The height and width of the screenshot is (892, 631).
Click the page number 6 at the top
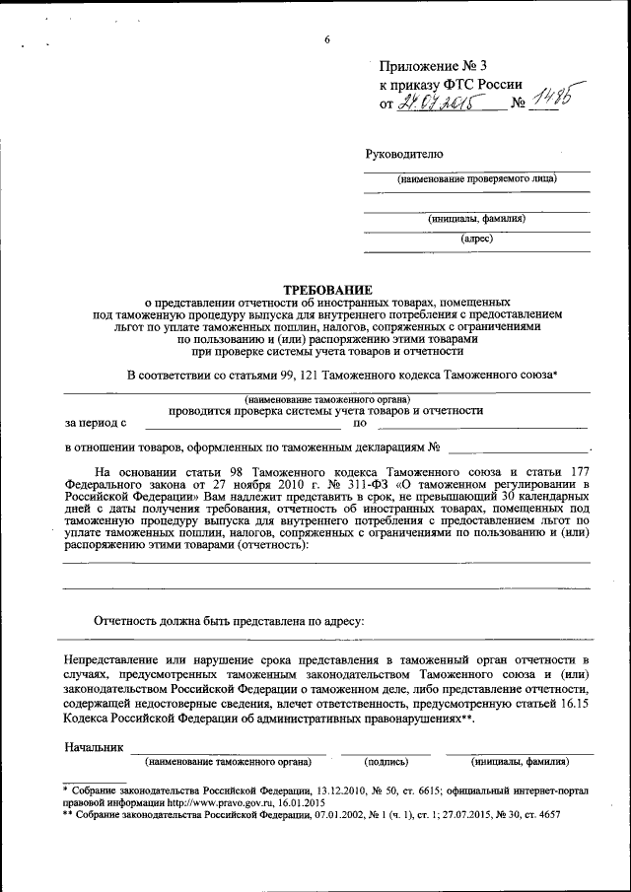pos(326,39)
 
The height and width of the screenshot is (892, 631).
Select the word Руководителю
pos(404,154)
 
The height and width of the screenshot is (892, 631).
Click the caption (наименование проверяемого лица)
pos(476,179)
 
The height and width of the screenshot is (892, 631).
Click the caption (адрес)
pos(476,238)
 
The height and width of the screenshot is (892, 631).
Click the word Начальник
pos(94,748)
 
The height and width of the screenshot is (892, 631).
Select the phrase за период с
pos(96,424)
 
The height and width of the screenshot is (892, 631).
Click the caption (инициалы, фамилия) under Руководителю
pos(476,218)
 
